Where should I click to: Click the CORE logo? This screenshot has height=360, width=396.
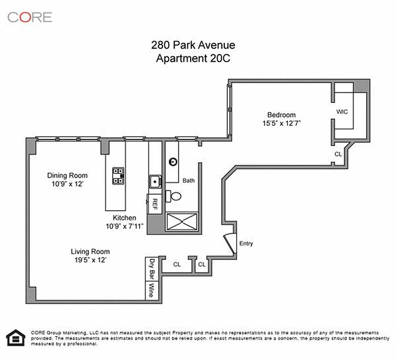point(30,17)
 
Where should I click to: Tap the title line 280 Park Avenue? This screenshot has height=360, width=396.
point(193,45)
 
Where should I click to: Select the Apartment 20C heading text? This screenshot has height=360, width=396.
point(193,58)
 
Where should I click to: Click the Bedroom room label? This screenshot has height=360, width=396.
point(281,115)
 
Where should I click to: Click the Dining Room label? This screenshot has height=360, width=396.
point(68,175)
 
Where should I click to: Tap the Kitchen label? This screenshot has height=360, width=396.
point(124,218)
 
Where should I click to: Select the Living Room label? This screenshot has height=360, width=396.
point(90,252)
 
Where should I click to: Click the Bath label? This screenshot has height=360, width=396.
point(189,180)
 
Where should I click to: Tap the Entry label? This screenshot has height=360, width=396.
point(246,243)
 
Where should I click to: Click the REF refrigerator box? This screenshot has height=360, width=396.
point(154,204)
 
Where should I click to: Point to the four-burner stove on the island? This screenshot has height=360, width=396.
point(118,175)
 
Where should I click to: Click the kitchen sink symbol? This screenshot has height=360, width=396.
point(155,182)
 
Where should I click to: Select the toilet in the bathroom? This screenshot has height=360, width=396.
point(174,196)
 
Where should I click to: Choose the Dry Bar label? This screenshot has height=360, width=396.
point(152,269)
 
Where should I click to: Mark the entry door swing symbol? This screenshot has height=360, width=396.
point(229,243)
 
